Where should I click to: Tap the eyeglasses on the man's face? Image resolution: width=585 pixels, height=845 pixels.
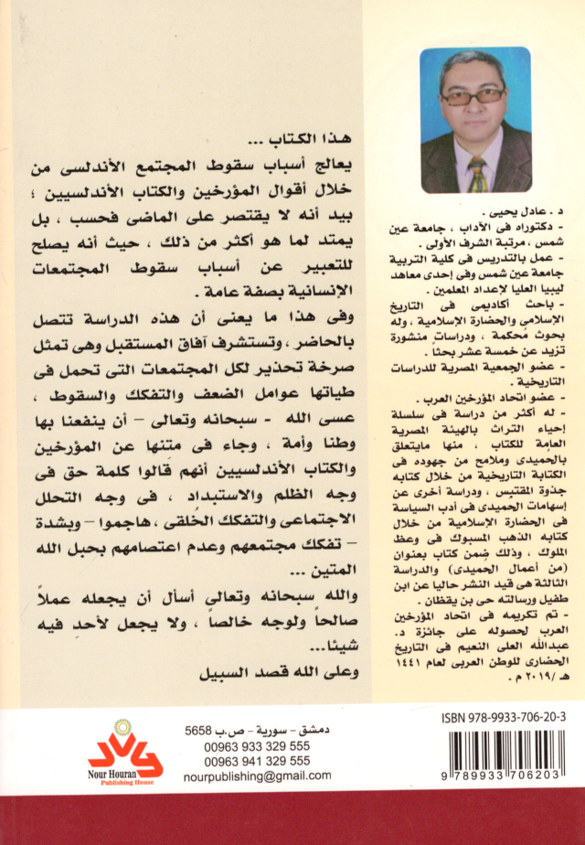pos(475,94)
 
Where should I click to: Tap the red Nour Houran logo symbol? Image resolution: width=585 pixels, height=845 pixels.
pos(125,756)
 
